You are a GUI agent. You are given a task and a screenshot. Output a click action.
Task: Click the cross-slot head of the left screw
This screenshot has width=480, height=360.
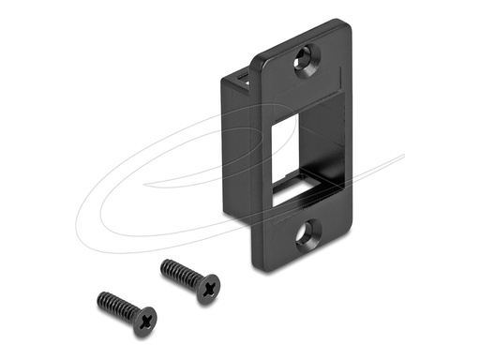(143, 322)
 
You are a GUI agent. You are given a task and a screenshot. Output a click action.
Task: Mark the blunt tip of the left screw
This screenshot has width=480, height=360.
(99, 297)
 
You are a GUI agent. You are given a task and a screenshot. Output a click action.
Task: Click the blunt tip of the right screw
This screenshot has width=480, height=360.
(165, 264)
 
